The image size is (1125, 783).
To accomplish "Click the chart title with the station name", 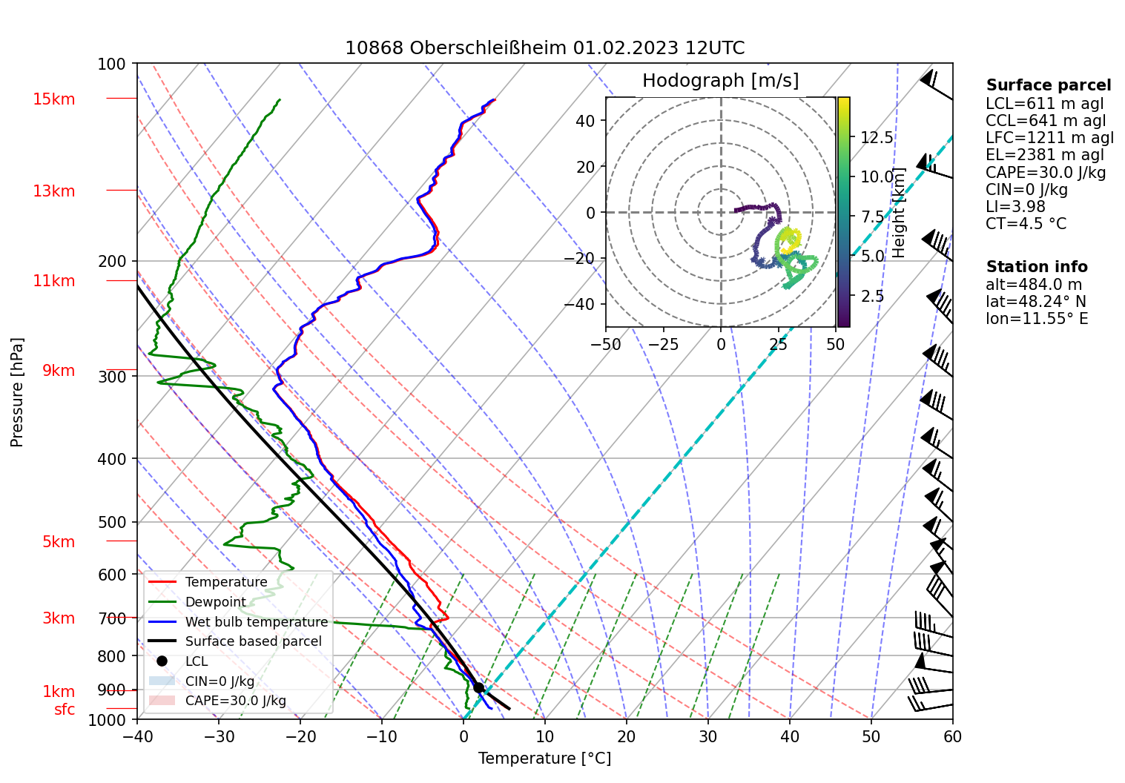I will (x=544, y=48).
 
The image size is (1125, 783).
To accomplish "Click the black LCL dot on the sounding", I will (x=478, y=688).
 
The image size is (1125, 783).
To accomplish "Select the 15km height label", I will (x=53, y=99).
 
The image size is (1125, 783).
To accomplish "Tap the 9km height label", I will (x=58, y=371).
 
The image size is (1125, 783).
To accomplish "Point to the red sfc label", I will (x=65, y=710).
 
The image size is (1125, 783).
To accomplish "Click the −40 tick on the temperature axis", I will (x=137, y=736).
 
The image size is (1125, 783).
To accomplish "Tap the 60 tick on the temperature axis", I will (x=952, y=736).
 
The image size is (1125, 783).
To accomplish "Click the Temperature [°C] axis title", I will (x=544, y=759).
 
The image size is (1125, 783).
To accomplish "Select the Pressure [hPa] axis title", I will (x=17, y=392).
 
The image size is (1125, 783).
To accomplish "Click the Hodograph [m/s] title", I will (x=720, y=81).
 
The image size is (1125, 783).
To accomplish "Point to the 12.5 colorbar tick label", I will (x=877, y=138).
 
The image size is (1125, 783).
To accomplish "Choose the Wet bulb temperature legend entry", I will (x=256, y=622).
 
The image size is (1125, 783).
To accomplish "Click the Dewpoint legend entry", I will (x=215, y=602).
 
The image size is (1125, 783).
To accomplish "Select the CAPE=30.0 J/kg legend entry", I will (x=235, y=701).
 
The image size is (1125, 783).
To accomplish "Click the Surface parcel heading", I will (x=1048, y=85).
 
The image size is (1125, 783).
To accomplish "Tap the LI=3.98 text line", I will (x=1015, y=207).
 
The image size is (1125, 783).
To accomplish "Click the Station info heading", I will (x=1036, y=267).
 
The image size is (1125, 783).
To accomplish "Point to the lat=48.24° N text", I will (x=1035, y=302).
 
